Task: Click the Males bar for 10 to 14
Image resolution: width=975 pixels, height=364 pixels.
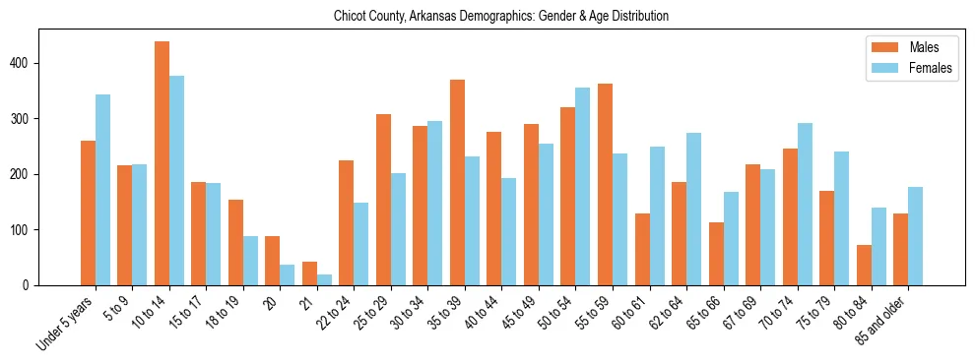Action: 162,163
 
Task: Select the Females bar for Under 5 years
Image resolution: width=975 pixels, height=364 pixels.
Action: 102,190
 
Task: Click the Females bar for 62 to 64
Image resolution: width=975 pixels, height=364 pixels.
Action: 693,209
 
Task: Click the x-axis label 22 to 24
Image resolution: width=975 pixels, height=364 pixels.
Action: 335,315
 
